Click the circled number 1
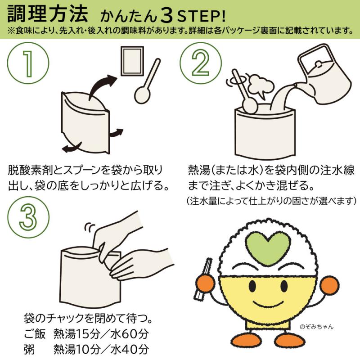click(28, 63)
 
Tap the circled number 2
click(201, 63)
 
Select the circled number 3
click(28, 217)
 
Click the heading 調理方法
click(48, 14)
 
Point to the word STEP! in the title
click(202, 16)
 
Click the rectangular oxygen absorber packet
click(132, 61)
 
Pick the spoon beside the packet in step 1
click(147, 81)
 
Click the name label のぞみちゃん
click(316, 327)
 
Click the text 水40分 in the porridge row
click(130, 350)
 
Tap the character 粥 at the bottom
click(29, 350)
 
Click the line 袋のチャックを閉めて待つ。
click(88, 318)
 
